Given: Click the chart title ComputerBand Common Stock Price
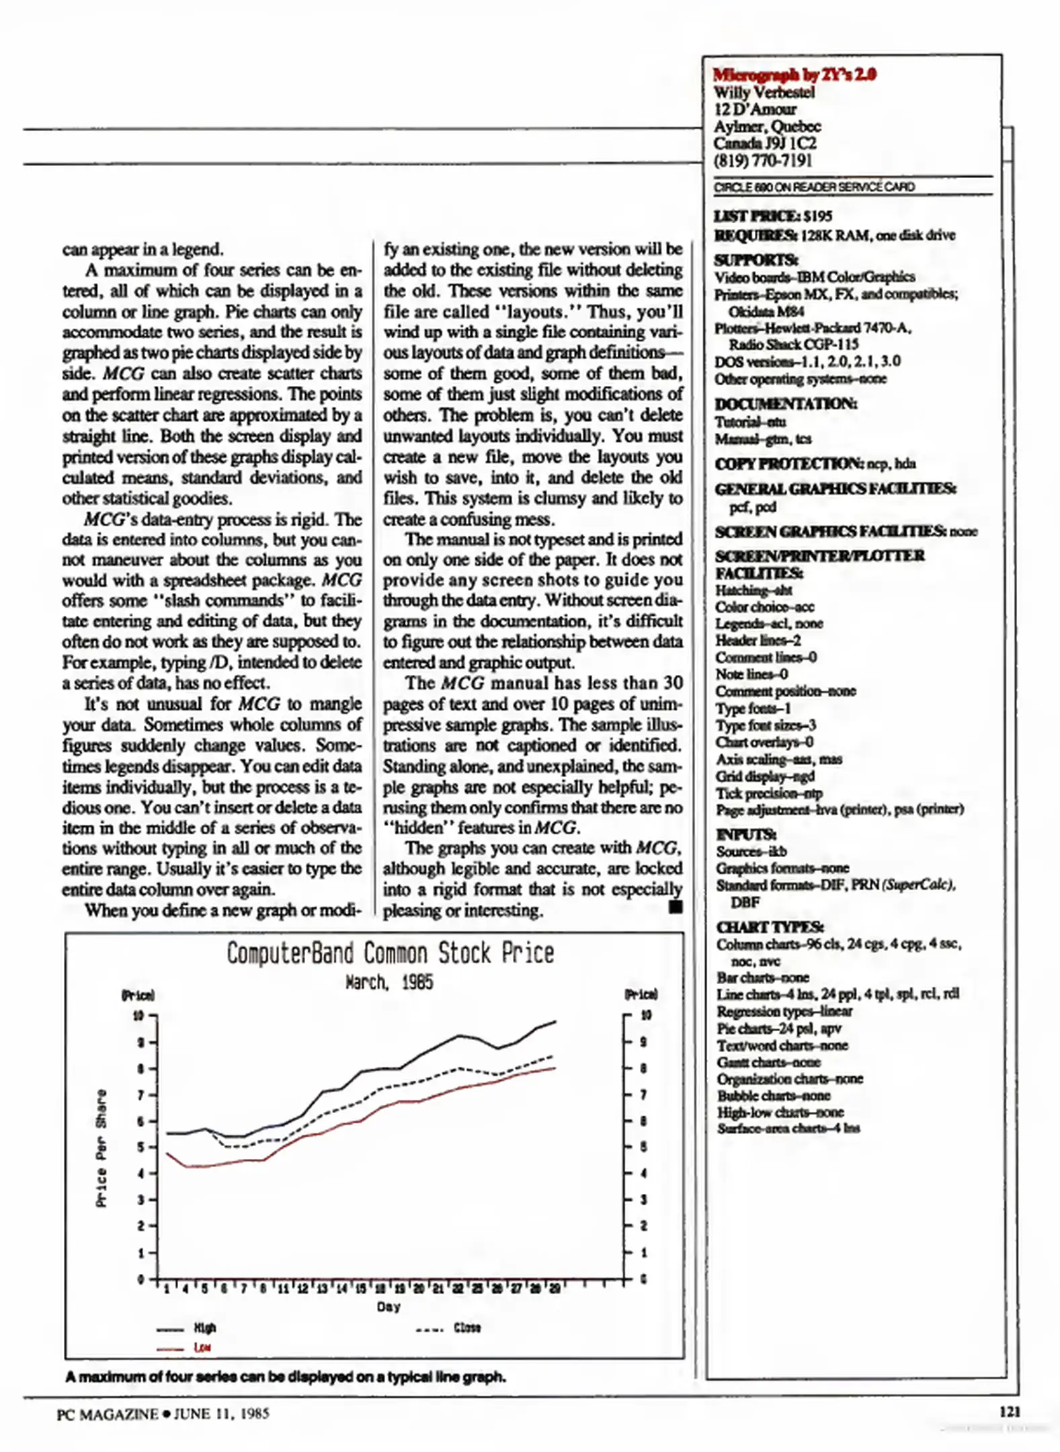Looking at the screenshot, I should click(390, 953).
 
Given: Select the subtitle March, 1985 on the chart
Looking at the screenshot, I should click(389, 983).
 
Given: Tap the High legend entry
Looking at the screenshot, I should click(204, 1328).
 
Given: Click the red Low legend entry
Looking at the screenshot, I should click(202, 1347).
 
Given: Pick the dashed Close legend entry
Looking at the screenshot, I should click(466, 1328).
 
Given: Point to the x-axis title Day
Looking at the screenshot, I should click(389, 1306).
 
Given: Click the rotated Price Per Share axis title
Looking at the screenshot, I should click(101, 1148).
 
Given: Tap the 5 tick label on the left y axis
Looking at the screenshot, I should click(141, 1147).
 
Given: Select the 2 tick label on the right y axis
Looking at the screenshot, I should click(643, 1226).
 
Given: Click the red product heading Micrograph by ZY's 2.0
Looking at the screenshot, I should click(794, 75).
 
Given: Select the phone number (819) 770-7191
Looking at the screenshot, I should click(763, 161).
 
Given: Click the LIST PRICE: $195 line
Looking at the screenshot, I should click(773, 216).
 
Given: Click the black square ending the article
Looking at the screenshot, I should click(676, 908).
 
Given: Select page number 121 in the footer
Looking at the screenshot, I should click(1010, 1411).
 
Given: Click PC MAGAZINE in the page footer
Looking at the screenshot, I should click(108, 1414).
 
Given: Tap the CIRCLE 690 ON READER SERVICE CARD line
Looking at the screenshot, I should click(814, 187).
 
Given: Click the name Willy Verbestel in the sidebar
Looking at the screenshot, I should click(764, 92).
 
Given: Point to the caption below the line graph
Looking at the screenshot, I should click(286, 1377).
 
